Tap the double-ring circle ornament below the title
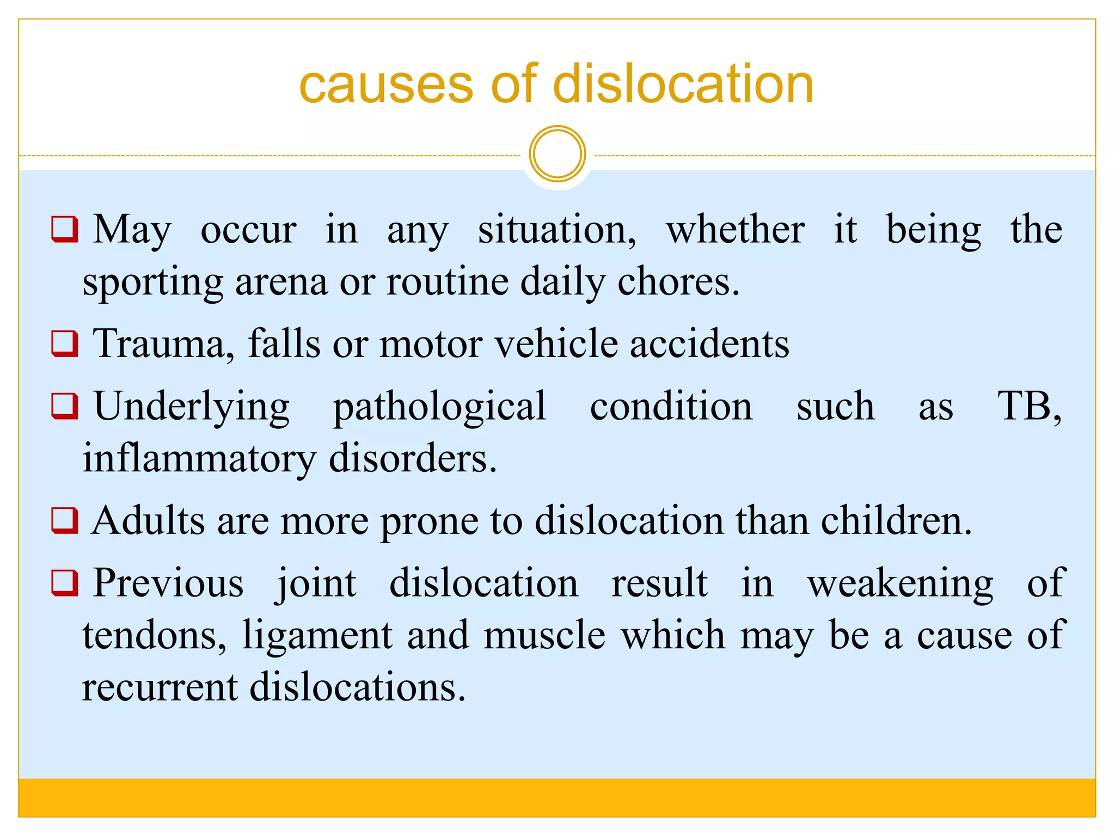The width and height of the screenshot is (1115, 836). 557,154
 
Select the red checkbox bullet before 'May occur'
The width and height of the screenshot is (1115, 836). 65,229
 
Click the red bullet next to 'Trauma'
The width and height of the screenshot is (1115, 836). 65,343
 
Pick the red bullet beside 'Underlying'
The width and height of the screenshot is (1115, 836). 65,406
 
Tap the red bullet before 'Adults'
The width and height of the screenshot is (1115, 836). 65,520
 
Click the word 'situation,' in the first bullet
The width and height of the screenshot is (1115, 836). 557,230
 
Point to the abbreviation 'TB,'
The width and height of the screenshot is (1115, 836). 1028,407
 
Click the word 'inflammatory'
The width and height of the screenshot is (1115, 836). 199,458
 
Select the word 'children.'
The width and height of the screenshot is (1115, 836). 896,521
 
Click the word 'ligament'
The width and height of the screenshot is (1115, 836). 317,636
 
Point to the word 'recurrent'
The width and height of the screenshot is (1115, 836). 160,687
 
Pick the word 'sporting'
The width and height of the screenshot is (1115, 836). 152,283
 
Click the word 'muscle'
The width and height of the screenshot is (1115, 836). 544,635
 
